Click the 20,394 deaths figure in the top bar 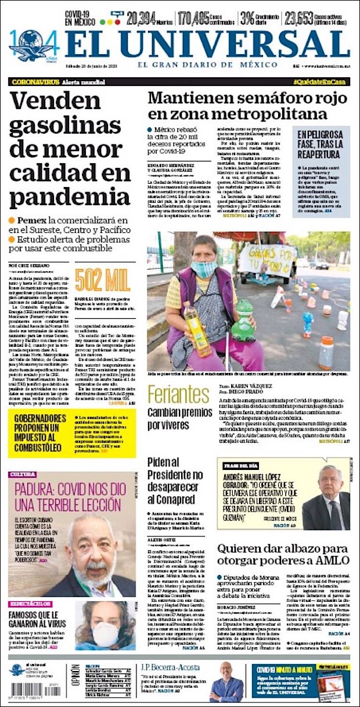[x=141, y=18]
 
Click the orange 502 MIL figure [x=102, y=281]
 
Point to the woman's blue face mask [x=204, y=269]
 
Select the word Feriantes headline [x=178, y=394]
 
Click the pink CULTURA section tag [x=23, y=475]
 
